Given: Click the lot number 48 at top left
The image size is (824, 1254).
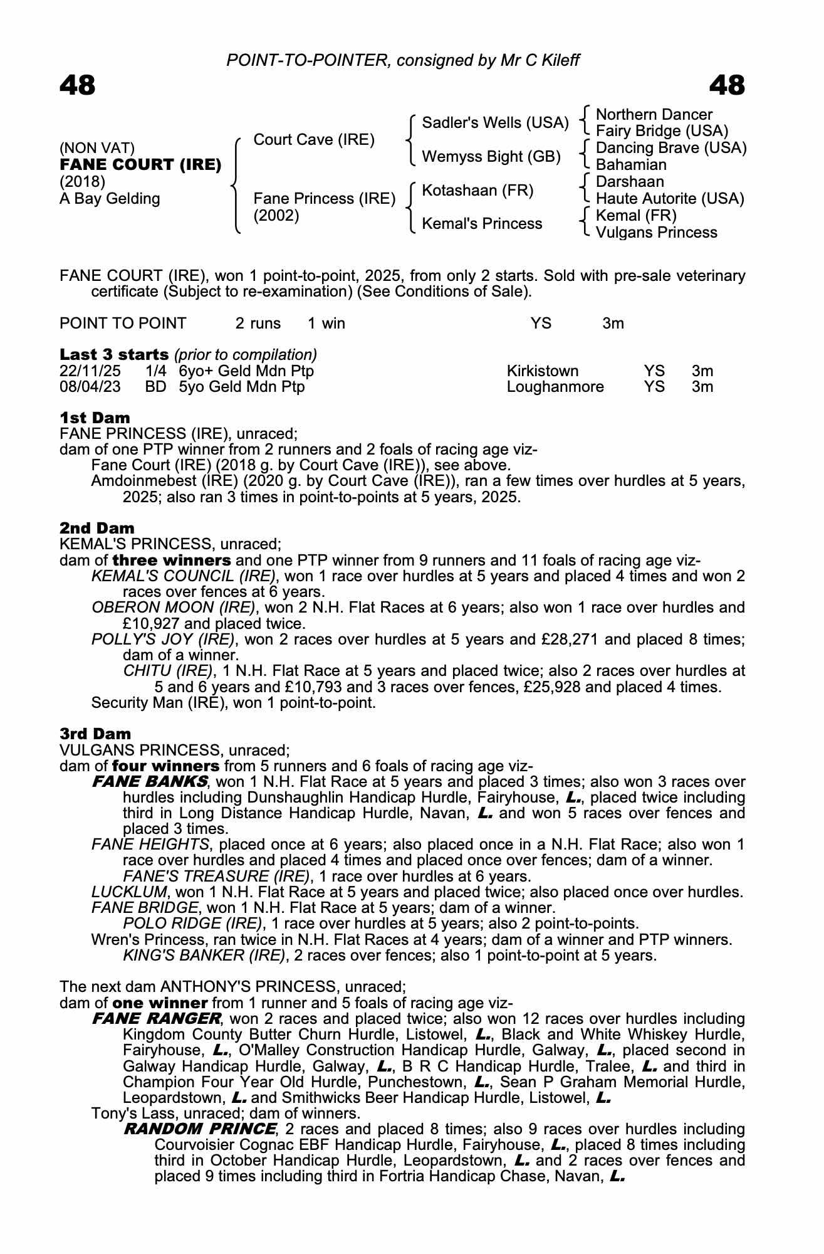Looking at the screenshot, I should [x=78, y=86].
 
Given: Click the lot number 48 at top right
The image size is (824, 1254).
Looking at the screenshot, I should [x=727, y=86].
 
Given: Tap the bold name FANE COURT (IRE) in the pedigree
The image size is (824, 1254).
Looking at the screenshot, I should [x=140, y=165].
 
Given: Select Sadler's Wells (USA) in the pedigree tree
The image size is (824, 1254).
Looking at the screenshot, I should [x=495, y=123].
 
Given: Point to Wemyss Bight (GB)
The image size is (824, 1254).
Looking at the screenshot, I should [x=491, y=156].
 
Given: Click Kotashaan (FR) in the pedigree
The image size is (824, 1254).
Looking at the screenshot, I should [x=477, y=190].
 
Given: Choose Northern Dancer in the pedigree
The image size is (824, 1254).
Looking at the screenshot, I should [x=654, y=115].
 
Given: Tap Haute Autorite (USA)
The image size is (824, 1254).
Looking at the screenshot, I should [x=669, y=199].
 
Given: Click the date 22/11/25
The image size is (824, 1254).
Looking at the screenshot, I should [x=90, y=371].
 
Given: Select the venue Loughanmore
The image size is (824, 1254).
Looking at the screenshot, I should [x=555, y=387].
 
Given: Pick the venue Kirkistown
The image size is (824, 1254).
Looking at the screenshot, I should [x=543, y=371].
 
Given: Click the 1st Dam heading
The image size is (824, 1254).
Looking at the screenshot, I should [x=95, y=418].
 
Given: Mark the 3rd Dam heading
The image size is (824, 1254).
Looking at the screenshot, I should [x=95, y=734].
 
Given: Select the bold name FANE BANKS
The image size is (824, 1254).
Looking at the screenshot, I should [x=149, y=782].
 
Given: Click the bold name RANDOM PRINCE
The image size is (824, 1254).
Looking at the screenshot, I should [x=200, y=1129].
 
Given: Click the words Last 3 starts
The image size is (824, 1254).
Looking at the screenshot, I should [x=114, y=355].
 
